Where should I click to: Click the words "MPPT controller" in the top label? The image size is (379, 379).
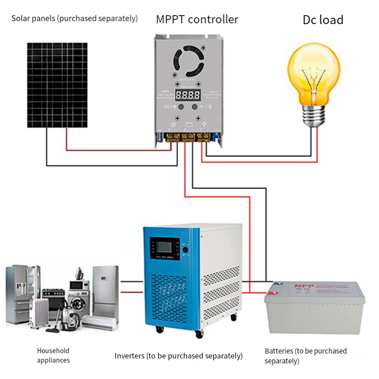[x=197, y=19]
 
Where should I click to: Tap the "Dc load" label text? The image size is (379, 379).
[x=323, y=20]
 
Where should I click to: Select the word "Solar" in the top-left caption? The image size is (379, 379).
[x=20, y=18]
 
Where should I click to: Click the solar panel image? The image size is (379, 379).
[x=57, y=85]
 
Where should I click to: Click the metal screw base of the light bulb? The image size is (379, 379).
[x=314, y=115]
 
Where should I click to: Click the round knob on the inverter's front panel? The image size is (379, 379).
[x=186, y=250]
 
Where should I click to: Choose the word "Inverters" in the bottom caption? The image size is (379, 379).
[x=129, y=356]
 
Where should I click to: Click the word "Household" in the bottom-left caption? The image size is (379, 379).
[x=53, y=351]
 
